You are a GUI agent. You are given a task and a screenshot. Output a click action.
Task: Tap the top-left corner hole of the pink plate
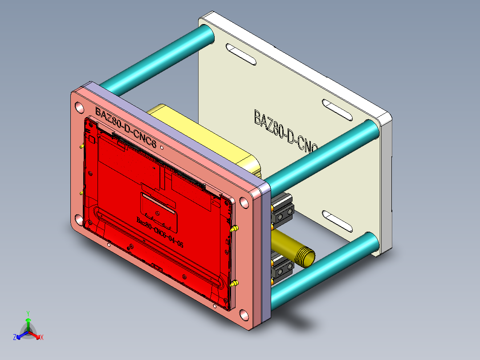[x=79, y=107]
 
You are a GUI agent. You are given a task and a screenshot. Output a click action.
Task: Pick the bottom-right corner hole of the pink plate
[x=244, y=316]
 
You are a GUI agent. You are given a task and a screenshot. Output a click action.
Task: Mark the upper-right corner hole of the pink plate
[x=244, y=203]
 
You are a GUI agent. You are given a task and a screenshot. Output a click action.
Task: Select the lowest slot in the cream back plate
[x=337, y=221]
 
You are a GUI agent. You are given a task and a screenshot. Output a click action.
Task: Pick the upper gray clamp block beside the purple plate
[x=282, y=209]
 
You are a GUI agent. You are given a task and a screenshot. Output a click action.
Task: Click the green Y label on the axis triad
[x=28, y=313]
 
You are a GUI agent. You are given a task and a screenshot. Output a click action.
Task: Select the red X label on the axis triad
[x=42, y=338]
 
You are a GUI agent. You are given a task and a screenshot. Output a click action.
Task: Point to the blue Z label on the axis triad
[x=15, y=338]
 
